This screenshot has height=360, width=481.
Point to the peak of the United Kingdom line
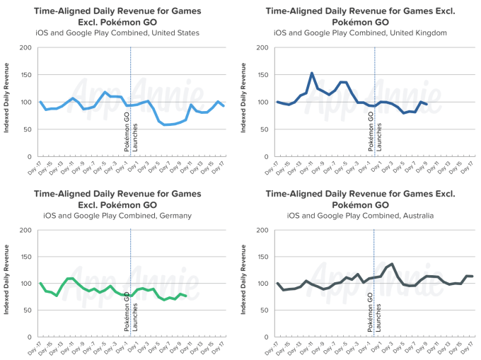point(312,73)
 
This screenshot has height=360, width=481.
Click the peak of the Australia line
point(392,264)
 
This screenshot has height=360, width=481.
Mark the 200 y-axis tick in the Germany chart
point(26,230)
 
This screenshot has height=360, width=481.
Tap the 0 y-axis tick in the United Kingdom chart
point(268,156)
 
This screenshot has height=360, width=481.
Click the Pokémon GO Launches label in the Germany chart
point(130,310)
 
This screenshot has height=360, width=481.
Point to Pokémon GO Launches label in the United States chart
point(130,128)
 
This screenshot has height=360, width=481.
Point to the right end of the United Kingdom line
point(427,104)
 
